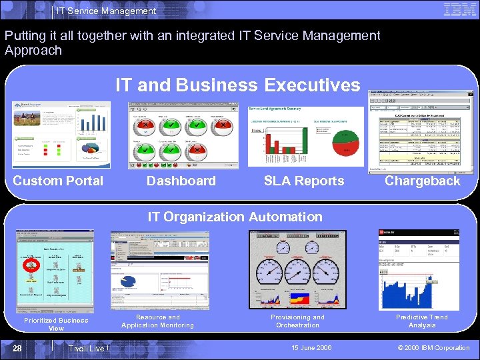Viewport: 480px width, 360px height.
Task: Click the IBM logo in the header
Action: point(459,10)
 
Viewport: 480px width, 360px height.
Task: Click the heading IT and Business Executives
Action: point(237,85)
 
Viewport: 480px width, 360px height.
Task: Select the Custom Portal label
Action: point(58,181)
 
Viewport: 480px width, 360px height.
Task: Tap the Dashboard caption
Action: point(181,181)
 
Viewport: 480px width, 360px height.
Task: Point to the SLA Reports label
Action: point(304,181)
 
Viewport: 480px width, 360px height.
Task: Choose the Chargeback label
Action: point(423,181)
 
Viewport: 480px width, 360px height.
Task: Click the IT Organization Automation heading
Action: point(235,217)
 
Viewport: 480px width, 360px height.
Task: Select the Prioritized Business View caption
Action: point(56,324)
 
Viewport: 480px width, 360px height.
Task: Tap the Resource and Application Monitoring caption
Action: point(157,321)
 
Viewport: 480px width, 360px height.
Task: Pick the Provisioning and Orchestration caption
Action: point(297,321)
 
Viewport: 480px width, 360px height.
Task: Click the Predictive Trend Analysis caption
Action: point(422,321)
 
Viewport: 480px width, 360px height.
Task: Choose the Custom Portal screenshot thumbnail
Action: point(61,134)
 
